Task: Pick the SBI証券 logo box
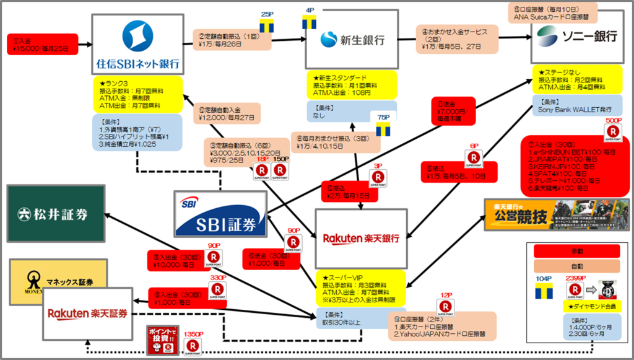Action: point(220,214)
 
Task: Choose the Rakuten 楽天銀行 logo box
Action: point(361,239)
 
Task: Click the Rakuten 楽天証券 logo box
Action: point(88,314)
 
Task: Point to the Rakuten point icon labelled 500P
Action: point(613,132)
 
